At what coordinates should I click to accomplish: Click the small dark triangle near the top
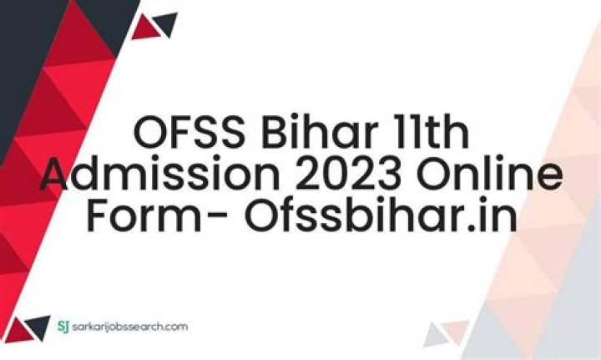tap(166, 22)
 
